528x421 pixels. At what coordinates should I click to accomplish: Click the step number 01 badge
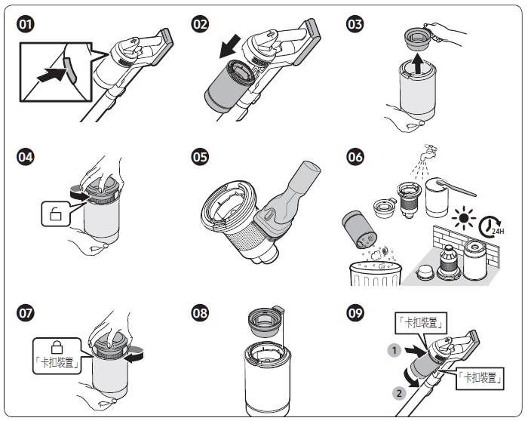26,24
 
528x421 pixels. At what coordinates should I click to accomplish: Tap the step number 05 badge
200,158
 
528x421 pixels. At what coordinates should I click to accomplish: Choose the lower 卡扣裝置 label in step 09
479,377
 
